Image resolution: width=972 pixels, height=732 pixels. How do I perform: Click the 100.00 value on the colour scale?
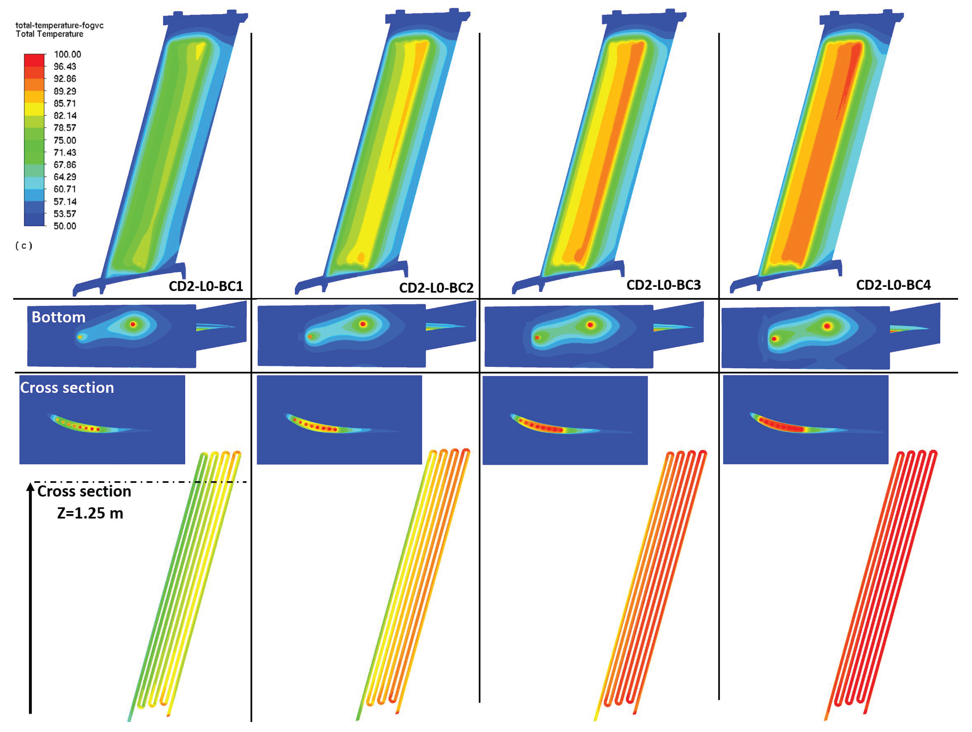(x=67, y=54)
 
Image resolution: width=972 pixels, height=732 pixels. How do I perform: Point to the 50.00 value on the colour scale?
(x=65, y=226)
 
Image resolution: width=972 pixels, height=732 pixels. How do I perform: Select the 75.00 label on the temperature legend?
(x=65, y=140)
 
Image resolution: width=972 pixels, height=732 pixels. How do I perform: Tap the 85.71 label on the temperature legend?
(x=65, y=103)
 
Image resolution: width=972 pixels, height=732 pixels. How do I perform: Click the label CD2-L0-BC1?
(x=206, y=286)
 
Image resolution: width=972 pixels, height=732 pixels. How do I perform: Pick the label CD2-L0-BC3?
(x=664, y=285)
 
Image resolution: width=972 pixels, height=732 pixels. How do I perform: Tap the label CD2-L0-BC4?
(x=893, y=285)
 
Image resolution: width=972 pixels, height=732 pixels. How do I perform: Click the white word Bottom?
(x=58, y=317)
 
